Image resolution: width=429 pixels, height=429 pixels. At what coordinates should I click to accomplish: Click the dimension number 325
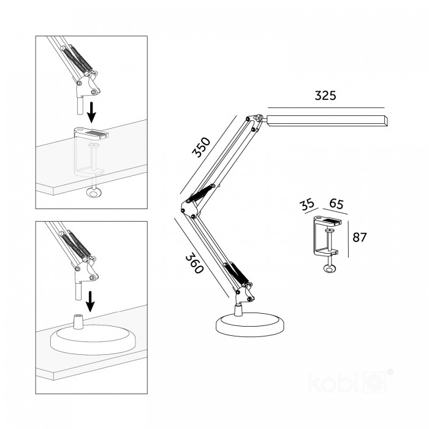(325, 96)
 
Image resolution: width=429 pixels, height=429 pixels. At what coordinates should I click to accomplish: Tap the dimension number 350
(202, 147)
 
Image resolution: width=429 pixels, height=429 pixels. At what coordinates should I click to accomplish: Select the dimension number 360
(195, 264)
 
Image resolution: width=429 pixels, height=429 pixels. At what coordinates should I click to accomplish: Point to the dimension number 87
(359, 237)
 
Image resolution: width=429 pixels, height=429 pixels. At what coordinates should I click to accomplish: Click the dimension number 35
(306, 205)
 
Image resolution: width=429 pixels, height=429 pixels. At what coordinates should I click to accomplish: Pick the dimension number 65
(336, 203)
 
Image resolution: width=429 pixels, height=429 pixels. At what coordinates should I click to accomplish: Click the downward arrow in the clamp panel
(92, 112)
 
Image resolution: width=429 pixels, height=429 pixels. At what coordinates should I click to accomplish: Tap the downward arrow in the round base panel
(90, 302)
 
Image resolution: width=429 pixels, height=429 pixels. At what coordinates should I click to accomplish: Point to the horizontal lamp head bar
(327, 121)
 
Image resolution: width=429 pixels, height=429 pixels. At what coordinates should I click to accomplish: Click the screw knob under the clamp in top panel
(94, 192)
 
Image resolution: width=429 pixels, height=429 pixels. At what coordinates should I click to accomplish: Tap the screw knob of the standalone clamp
(330, 268)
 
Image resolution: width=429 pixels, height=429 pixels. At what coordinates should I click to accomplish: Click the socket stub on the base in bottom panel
(78, 322)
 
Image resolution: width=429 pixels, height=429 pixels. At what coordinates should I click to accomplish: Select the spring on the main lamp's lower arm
(237, 273)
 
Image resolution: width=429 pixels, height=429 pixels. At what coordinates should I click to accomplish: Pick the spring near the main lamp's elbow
(200, 193)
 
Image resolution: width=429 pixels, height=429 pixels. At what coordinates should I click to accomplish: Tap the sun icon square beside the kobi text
(376, 382)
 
